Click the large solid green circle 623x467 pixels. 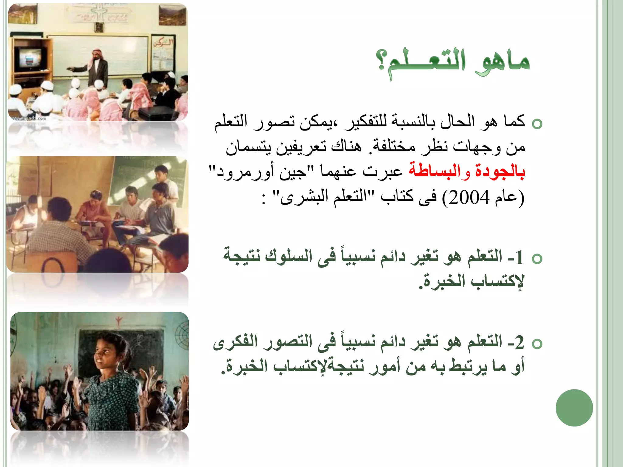click(x=574, y=408)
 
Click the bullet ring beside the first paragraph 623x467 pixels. click(x=537, y=124)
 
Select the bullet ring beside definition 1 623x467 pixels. click(x=537, y=259)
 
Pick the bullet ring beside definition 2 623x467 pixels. click(x=537, y=344)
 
